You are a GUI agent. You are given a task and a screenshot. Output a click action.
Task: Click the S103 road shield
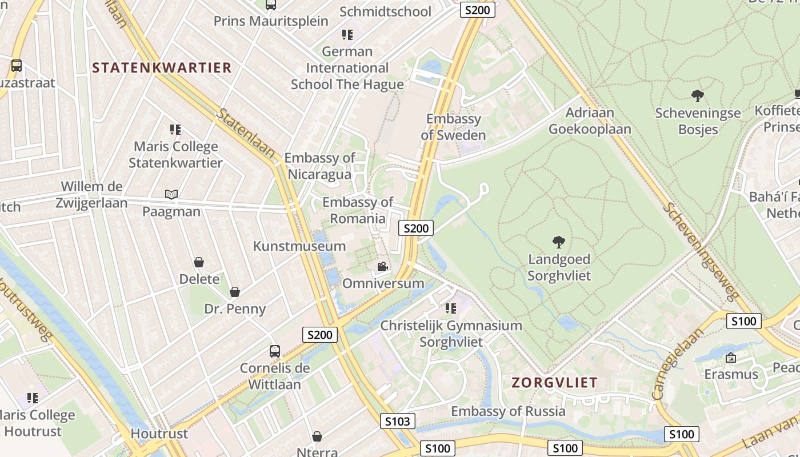coord(397,422)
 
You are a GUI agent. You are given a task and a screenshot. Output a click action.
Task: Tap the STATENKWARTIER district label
coord(162,67)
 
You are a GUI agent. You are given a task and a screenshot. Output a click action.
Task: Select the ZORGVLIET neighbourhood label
coord(554,382)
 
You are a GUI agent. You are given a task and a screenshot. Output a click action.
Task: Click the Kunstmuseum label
coord(299,246)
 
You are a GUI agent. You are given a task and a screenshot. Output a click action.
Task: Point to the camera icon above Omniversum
coord(382,267)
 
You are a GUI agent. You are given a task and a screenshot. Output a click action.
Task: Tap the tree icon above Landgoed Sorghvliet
coord(559,242)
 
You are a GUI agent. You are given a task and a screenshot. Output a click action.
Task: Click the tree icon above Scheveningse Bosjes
coord(697,95)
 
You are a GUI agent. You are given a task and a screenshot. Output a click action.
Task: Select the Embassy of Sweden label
coord(454,127)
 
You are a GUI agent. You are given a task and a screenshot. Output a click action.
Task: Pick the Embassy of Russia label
coord(508,411)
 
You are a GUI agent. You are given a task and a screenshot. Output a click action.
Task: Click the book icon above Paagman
coord(171,194)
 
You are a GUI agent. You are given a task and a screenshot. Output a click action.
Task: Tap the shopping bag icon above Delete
coord(199,262)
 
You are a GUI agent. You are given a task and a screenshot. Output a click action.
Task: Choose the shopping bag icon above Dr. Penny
coord(235,292)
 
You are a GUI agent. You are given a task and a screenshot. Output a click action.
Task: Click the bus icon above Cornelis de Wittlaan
coord(275,351)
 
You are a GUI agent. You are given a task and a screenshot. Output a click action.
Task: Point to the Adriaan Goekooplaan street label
coord(590,121)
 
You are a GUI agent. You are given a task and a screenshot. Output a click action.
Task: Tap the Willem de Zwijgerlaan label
coord(91,194)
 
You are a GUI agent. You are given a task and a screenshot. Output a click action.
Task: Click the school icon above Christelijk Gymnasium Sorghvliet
coord(451,308)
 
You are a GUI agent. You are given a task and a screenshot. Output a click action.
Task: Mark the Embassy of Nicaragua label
coord(319,166)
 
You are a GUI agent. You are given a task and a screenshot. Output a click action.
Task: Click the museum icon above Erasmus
coord(730,358)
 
